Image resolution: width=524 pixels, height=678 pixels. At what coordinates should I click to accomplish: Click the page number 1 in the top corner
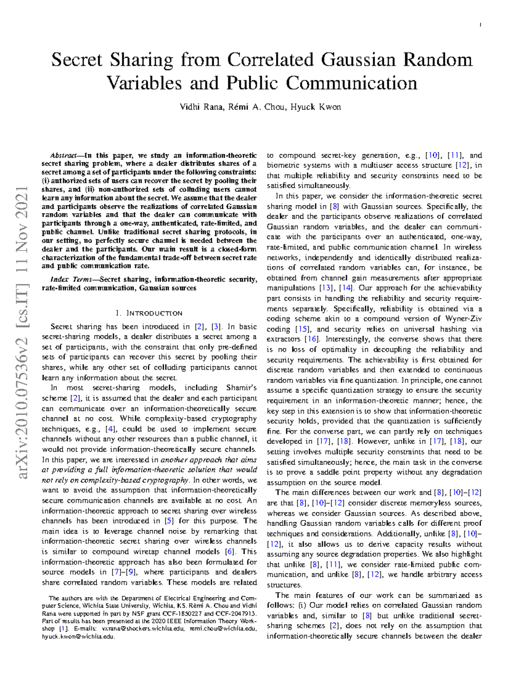(x=480, y=25)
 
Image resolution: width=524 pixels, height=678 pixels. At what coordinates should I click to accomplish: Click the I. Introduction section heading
(x=149, y=313)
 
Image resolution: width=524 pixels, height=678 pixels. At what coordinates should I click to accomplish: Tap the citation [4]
(x=110, y=429)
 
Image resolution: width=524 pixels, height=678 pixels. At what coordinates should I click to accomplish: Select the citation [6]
(x=229, y=551)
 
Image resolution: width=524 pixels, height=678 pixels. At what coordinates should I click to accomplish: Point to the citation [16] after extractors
(x=311, y=339)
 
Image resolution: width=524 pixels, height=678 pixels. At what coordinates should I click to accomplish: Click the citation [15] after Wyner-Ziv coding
(x=303, y=329)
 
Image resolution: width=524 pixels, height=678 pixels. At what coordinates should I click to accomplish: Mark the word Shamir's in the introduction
(x=241, y=388)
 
